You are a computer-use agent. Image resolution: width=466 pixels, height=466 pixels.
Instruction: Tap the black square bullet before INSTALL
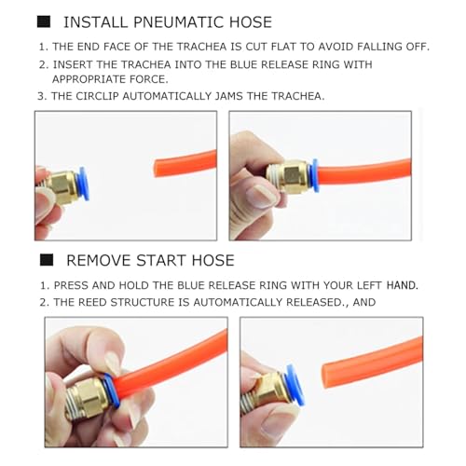point(44,21)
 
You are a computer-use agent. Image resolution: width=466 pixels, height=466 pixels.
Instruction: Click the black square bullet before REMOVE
point(47,260)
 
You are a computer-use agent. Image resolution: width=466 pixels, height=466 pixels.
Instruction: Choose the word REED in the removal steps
point(92,302)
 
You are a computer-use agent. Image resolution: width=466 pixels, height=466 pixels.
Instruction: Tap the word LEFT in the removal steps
point(369,285)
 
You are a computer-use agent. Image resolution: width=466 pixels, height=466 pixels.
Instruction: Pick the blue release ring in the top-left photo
point(84,184)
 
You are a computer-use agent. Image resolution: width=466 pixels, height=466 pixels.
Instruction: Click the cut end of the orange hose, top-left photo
point(156,168)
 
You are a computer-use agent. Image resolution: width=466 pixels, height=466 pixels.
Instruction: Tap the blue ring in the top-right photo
point(315,175)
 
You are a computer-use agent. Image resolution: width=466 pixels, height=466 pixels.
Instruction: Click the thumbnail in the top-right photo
point(259,197)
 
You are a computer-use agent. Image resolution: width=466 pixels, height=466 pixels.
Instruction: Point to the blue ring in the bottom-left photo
point(111,391)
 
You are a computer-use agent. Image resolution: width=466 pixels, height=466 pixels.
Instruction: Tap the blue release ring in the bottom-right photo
point(295,385)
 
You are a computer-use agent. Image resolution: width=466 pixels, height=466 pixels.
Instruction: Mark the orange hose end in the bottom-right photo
point(325,376)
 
